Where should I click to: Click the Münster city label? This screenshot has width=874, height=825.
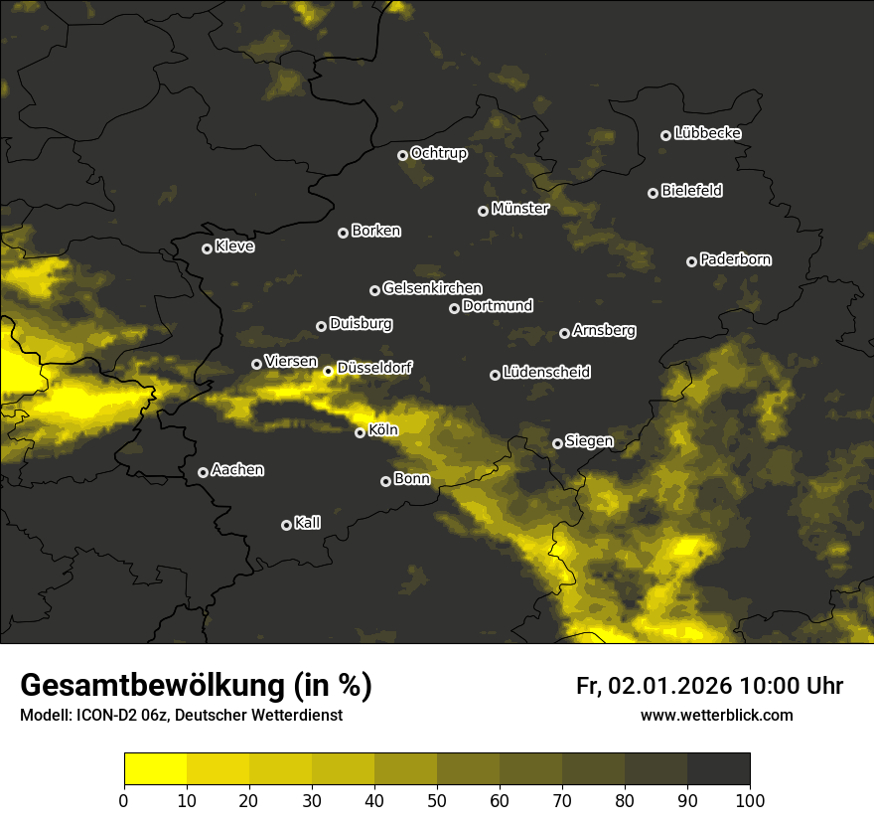click(x=520, y=209)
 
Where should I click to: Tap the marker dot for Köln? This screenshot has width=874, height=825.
click(x=361, y=432)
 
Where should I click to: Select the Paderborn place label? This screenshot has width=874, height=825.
click(x=736, y=259)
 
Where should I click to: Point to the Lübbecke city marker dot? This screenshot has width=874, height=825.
click(x=665, y=135)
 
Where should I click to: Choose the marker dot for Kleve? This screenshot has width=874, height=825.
click(x=207, y=248)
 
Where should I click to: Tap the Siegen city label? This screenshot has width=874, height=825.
click(x=589, y=441)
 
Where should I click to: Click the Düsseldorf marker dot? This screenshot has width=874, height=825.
click(x=329, y=371)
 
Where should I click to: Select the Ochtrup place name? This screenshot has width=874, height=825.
click(x=439, y=153)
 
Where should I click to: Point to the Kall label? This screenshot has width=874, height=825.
click(x=308, y=523)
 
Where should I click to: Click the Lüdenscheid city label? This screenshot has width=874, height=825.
click(x=547, y=373)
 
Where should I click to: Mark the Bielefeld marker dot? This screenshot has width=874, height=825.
click(x=653, y=193)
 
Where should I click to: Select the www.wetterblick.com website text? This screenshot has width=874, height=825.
click(x=717, y=715)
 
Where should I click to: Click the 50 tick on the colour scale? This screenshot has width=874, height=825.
click(x=437, y=800)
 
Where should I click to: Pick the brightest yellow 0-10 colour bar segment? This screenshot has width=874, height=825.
click(x=156, y=769)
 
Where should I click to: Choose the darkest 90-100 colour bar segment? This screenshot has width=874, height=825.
click(x=718, y=769)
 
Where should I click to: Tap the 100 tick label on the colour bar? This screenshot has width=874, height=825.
click(x=750, y=800)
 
